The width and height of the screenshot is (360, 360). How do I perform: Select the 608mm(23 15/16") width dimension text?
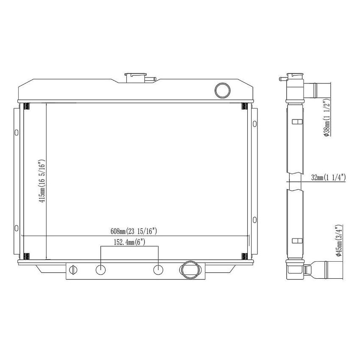coord(134,231)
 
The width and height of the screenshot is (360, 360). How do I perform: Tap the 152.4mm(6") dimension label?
coord(129,242)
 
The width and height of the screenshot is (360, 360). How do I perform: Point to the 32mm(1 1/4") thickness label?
coord(328,177)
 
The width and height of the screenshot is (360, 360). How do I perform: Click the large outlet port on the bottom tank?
coord(189,269)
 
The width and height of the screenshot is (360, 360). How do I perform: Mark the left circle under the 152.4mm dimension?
coord(101,269)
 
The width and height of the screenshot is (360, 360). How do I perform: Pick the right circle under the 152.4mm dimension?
coord(158,269)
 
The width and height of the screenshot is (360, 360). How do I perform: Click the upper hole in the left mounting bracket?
coord(17,132)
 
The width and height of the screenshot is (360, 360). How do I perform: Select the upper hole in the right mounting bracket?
coord(254,124)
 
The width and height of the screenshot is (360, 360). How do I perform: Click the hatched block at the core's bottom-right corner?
coord(244,256)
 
